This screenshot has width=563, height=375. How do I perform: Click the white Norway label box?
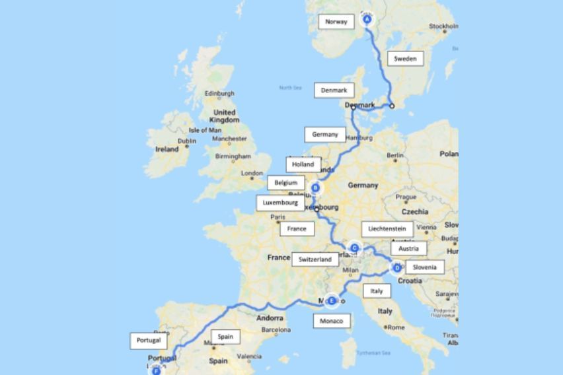coord(336,22)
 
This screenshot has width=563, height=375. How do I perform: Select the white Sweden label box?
coord(405,59)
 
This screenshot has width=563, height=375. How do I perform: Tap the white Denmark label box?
coord(334,90)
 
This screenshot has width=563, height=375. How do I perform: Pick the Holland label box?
coord(303,164)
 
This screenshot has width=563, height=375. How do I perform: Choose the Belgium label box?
coord(285,182)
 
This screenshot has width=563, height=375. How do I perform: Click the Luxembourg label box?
coord(280,203)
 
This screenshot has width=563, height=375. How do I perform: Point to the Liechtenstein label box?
coord(387,228)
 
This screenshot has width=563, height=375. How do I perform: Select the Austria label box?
coord(409,249)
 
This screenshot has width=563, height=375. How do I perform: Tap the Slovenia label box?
coord(424,267)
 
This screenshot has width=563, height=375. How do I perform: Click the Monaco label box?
coord(331,321)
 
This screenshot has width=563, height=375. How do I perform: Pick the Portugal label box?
coord(149,341)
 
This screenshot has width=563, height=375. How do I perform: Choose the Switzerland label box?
coord(315,259)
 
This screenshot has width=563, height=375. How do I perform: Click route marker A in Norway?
coord(368,20)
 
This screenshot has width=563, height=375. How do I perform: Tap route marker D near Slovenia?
coord(396,267)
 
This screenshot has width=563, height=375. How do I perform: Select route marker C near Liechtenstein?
coord(354,248)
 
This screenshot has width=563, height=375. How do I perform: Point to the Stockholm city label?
coord(443,26)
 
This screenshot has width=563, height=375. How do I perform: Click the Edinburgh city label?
coord(219,94)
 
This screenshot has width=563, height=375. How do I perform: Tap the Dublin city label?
coord(187,141)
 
